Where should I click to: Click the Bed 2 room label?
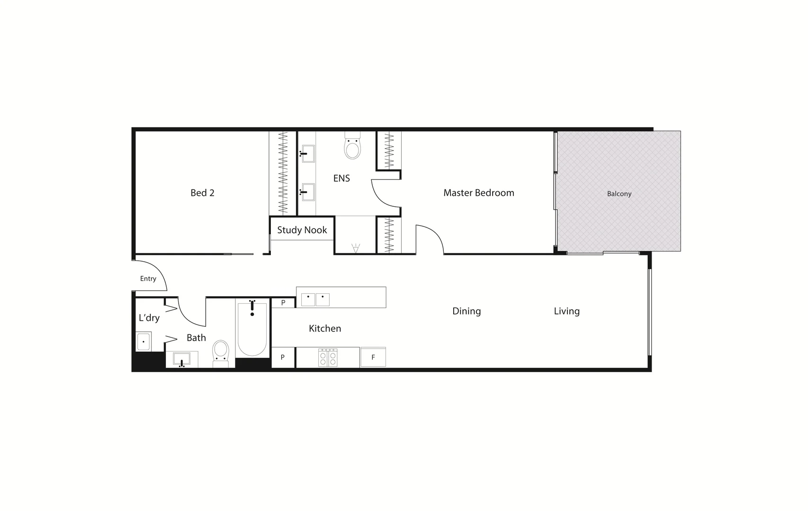pos(202,193)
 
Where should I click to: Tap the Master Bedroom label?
pos(478,193)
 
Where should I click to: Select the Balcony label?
pos(619,194)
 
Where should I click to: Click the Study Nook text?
pos(302,230)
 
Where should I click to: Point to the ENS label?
pos(341,178)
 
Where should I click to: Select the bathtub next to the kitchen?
pos(252,329)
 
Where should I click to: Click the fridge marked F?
pos(373,357)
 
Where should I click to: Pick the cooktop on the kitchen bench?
pos(328,357)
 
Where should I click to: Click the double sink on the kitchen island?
pos(315,300)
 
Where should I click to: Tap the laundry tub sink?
pos(143,341)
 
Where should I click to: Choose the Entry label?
pos(148,279)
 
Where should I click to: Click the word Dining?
pos(467,311)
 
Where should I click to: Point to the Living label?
pos(566,311)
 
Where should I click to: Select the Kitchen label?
pos(325,328)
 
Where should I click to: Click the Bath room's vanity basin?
pos(181,359)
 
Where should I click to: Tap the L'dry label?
pos(149,318)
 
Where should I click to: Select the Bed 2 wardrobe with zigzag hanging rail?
pos(283,173)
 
